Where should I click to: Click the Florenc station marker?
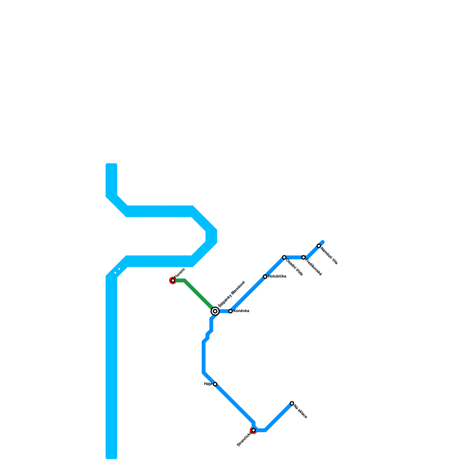(173, 280)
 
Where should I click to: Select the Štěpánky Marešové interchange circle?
(215, 311)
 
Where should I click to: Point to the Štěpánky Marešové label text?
(231, 294)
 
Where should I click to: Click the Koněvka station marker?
(231, 311)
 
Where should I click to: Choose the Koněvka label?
(241, 311)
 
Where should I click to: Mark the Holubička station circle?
(265, 277)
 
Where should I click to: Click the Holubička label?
(277, 277)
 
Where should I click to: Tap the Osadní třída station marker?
(284, 257)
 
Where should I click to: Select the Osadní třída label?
(294, 268)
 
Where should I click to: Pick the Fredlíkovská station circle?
(303, 257)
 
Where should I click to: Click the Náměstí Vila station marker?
(319, 246)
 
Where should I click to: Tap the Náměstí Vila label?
(329, 256)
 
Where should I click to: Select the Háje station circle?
(215, 384)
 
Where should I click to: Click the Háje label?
(208, 384)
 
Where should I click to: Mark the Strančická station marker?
(253, 430)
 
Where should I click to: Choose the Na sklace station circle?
(292, 403)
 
